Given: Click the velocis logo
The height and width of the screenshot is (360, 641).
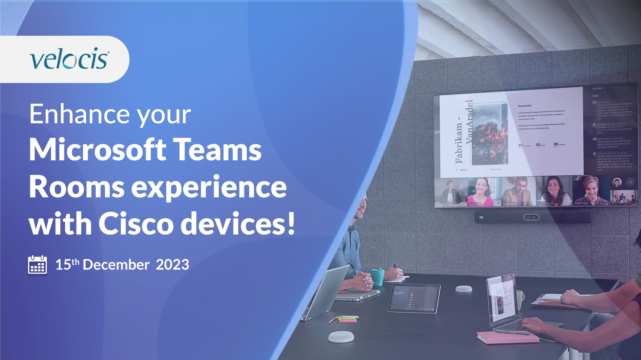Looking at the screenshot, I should (x=69, y=59).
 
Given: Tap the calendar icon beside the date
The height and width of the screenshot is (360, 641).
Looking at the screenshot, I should (x=37, y=265).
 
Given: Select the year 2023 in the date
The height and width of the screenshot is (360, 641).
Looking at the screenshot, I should (x=172, y=265).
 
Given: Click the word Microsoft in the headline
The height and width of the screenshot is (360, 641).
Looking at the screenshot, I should (x=98, y=150).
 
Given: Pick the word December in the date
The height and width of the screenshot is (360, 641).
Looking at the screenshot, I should (x=116, y=265).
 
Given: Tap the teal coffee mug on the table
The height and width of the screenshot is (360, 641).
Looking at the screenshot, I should (x=377, y=277).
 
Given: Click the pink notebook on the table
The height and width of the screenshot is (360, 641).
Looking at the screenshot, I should (x=507, y=337).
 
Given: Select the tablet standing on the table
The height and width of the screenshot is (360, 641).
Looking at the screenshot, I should (x=414, y=298).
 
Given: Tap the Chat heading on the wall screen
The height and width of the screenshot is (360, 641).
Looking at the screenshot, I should (x=595, y=96).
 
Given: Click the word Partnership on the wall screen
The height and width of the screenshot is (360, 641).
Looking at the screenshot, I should (x=524, y=106).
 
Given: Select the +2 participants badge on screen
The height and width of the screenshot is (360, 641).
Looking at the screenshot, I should (x=630, y=182).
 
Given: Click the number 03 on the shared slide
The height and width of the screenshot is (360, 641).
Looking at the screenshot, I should (x=556, y=144).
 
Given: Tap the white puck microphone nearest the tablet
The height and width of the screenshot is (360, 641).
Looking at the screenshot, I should (x=464, y=289).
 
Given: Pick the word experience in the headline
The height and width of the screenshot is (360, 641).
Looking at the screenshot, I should (x=209, y=187).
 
